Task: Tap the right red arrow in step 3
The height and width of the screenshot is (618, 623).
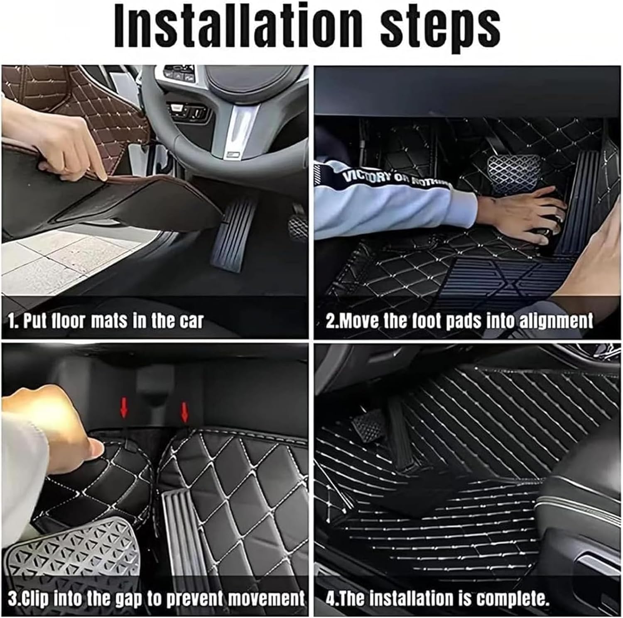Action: (185, 412)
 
